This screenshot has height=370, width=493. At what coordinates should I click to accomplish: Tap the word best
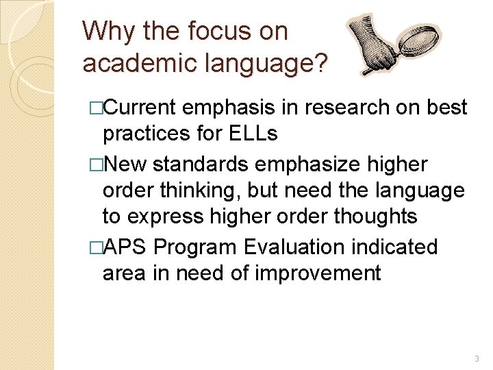point(445,108)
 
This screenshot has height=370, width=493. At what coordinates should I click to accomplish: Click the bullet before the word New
point(95,164)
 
